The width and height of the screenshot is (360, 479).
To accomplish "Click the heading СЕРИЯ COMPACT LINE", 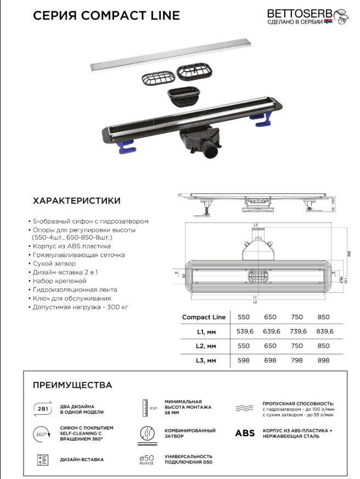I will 106,15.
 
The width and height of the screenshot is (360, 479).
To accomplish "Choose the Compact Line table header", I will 204,317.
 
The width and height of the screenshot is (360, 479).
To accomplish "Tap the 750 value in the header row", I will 297,317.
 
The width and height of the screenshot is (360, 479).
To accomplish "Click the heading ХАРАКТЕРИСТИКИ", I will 77,201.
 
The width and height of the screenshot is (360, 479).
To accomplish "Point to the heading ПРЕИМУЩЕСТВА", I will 72,385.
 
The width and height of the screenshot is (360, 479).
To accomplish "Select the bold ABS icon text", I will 245,433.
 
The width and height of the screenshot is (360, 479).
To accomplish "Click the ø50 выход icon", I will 146,459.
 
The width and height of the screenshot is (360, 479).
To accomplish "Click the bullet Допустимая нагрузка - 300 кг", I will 81,307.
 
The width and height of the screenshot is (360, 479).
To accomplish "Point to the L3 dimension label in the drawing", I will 256,226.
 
